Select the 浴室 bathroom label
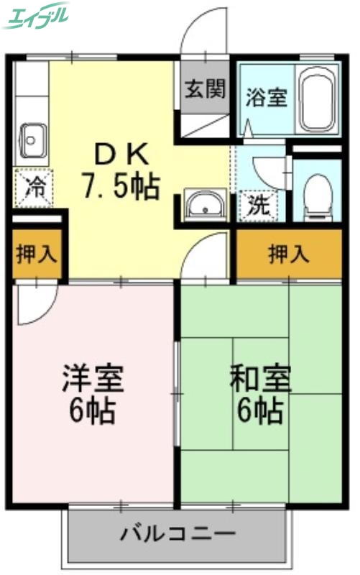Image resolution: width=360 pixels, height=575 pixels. (267, 97)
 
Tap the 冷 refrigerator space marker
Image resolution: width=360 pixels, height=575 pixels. (33, 189)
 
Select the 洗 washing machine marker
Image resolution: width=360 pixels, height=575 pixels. (259, 206)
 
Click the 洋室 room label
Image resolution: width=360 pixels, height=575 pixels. (93, 377)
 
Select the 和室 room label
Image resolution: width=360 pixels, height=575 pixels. (259, 377)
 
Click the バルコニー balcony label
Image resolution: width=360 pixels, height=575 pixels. (177, 534)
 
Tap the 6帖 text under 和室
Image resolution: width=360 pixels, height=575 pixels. (260, 410)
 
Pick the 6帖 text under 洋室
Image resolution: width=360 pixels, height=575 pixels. (93, 410)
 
